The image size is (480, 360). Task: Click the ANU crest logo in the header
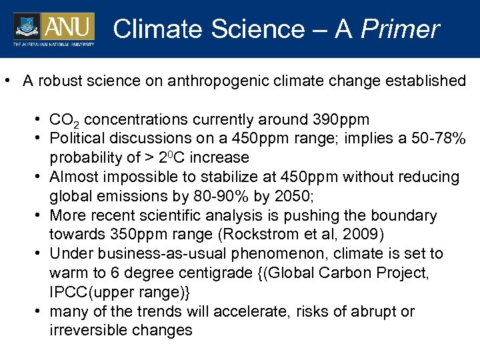(x=27, y=27)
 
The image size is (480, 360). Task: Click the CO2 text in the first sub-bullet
(x=65, y=121)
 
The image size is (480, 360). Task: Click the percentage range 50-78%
(x=437, y=139)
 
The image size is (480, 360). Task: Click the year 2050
(x=265, y=196)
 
